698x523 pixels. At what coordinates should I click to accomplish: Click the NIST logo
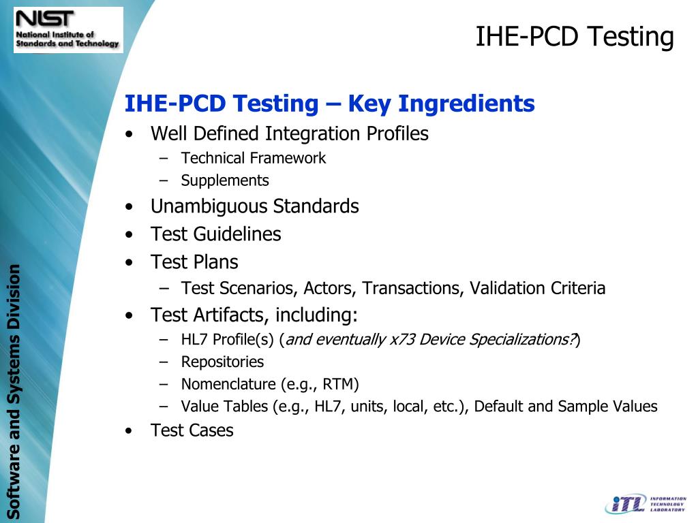[x=68, y=30]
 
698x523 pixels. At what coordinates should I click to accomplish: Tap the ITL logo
[x=645, y=503]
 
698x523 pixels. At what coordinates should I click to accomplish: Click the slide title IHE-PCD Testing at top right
[x=574, y=37]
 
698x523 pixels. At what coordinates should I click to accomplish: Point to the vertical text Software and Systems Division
[x=14, y=391]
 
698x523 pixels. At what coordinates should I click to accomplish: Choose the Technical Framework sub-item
[x=253, y=159]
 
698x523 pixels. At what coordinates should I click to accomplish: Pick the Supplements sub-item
[x=225, y=181]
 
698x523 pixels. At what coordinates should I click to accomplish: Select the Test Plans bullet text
[x=194, y=262]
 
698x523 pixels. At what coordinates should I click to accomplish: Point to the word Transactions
[x=413, y=289]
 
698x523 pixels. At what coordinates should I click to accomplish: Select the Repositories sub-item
[x=222, y=362]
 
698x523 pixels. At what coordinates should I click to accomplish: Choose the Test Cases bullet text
[x=192, y=430]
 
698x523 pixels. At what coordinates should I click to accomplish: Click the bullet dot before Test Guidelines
[x=130, y=235]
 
